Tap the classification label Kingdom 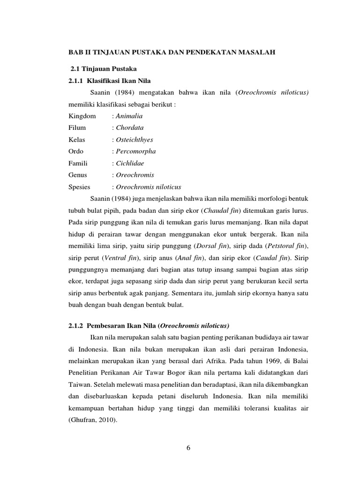[82, 116]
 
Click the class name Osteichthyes [134, 139]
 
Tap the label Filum [77, 127]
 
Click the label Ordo [76, 151]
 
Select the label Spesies [79, 186]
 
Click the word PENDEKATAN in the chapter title [204, 54]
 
